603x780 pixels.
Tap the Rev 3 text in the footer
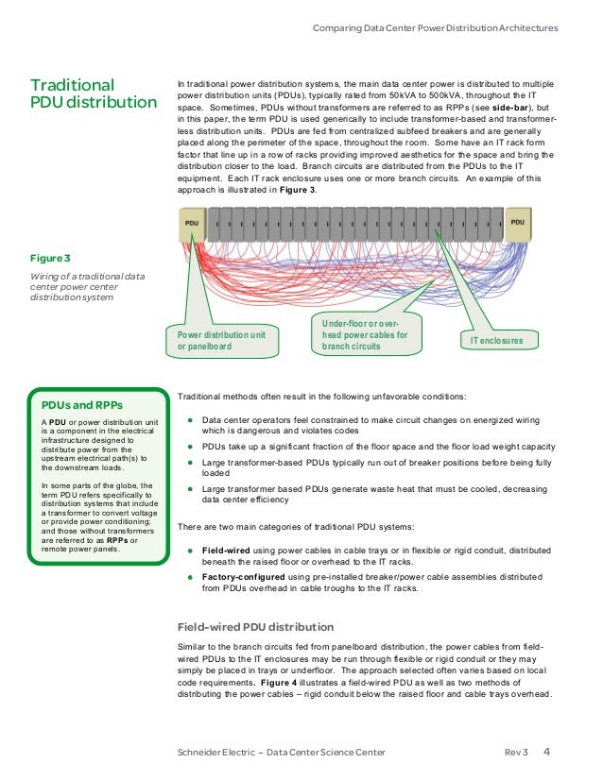516,753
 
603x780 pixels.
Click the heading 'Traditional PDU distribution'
94,93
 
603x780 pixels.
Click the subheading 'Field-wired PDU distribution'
255,626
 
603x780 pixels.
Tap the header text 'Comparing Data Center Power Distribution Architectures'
435,28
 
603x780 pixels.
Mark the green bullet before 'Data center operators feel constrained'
190,421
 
